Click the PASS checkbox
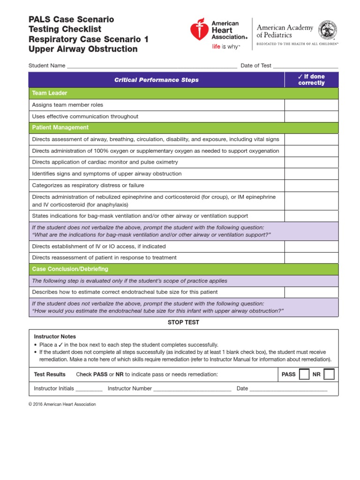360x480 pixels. coord(304,375)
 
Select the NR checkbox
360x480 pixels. coord(329,375)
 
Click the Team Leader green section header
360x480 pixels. coord(183,93)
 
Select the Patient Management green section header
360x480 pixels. coord(183,127)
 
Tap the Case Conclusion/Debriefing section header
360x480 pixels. coord(183,269)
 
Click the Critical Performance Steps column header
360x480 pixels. coord(156,80)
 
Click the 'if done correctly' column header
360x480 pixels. coord(311,80)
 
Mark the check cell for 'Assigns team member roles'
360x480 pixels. coord(311,105)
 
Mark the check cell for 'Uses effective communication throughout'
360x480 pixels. coord(311,116)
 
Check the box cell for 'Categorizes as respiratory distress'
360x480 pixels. coord(311,185)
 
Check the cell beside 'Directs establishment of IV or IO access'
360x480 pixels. coord(311,246)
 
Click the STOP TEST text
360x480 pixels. coord(183,322)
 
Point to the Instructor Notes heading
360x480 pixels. coord(55,337)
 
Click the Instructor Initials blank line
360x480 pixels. coord(89,389)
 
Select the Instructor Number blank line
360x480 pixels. coord(192,389)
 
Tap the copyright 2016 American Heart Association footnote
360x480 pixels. coord(62,404)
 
